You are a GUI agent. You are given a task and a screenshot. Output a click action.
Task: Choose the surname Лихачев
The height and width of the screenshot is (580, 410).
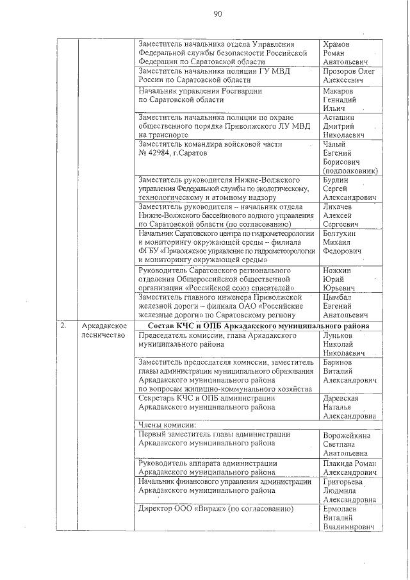[x=341, y=208]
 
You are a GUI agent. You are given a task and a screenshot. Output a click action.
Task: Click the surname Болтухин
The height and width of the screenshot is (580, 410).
[x=343, y=234]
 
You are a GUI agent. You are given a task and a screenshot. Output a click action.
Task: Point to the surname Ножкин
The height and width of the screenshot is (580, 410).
[x=339, y=270]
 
